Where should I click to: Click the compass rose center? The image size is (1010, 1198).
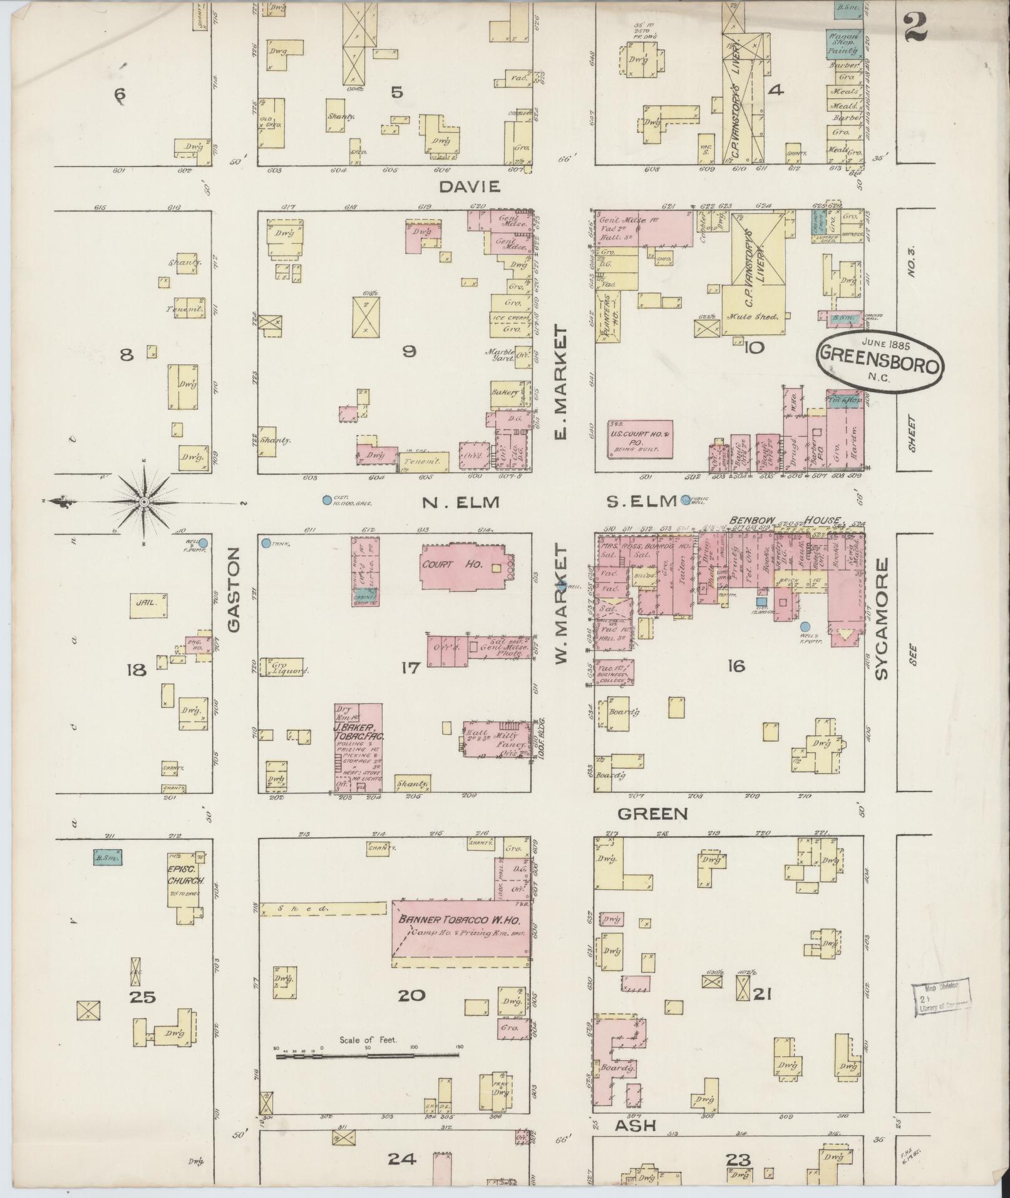pos(143,502)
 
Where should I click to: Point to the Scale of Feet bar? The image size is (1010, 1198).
pos(368,1056)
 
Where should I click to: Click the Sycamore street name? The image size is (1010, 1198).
pos(882,619)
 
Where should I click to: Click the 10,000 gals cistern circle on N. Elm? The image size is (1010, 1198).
pos(326,500)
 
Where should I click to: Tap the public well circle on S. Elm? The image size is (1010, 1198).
pos(686,499)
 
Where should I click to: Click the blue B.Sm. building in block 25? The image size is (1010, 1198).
pos(107,857)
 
